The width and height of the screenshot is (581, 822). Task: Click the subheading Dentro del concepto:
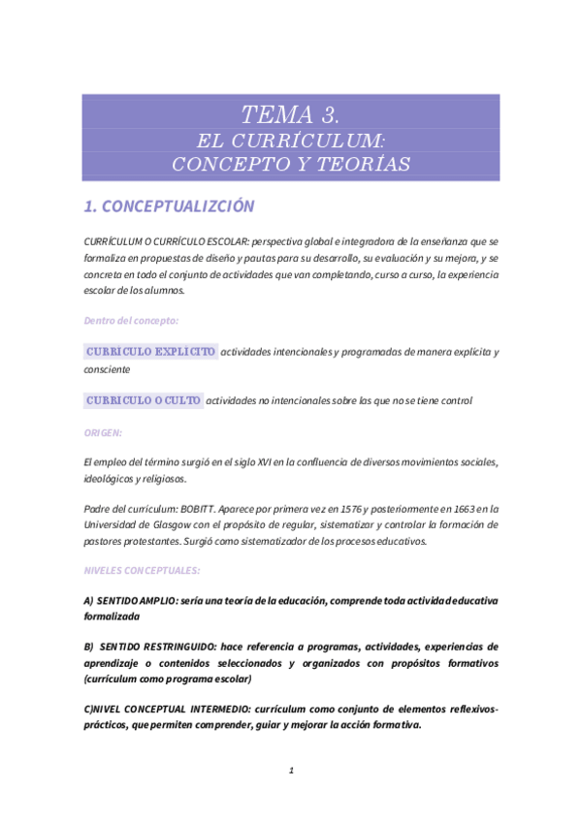[x=131, y=320]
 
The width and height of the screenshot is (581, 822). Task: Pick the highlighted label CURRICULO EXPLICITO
[x=150, y=352]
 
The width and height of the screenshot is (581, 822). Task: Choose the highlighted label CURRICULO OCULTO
[x=144, y=400]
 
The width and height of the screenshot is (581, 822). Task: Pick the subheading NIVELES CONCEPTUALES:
[x=142, y=571]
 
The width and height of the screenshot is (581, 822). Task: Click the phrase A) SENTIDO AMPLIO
[x=135, y=601]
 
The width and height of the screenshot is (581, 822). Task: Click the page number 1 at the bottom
[x=291, y=772]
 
